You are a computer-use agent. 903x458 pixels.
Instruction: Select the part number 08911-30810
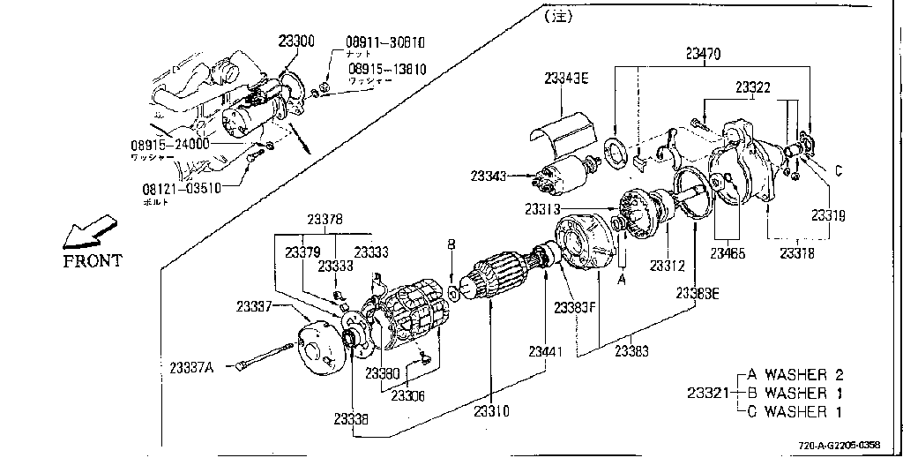coord(384,41)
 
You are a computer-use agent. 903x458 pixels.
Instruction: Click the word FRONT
coord(93,260)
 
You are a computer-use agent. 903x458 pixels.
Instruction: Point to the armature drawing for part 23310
coord(497,276)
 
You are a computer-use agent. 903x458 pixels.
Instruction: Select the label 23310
coord(490,410)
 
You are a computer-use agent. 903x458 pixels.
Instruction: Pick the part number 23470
coord(703,53)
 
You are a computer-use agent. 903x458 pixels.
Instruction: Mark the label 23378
coord(325,220)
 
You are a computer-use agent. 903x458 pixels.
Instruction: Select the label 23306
coord(407,395)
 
